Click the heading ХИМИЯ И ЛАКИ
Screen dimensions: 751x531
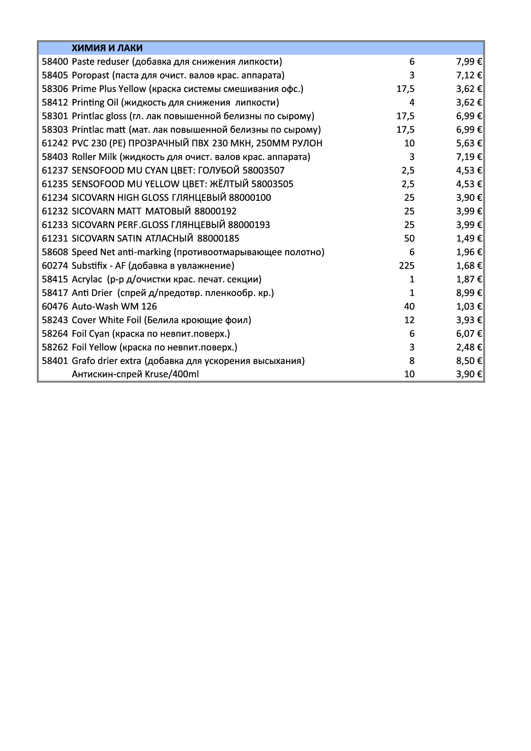(x=107, y=48)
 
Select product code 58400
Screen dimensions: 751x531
(x=55, y=62)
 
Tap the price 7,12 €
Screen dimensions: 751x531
(x=469, y=75)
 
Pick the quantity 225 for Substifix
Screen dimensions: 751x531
(x=406, y=265)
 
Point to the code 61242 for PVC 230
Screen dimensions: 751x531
(x=55, y=143)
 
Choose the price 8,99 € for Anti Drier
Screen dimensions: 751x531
(x=469, y=293)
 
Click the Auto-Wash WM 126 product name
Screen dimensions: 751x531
(x=114, y=307)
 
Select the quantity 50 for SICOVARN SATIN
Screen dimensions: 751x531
(x=409, y=238)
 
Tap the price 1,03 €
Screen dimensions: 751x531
(x=469, y=307)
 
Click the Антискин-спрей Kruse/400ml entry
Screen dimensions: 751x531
(x=135, y=374)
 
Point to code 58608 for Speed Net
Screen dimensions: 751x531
(x=55, y=252)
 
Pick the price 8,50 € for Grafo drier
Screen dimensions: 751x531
(x=469, y=361)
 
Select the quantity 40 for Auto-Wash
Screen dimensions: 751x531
(x=409, y=307)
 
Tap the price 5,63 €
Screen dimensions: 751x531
(x=469, y=143)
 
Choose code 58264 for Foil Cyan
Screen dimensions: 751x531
(x=55, y=334)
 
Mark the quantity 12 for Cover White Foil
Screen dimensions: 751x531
(x=409, y=320)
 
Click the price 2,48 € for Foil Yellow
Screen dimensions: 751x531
(x=469, y=347)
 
